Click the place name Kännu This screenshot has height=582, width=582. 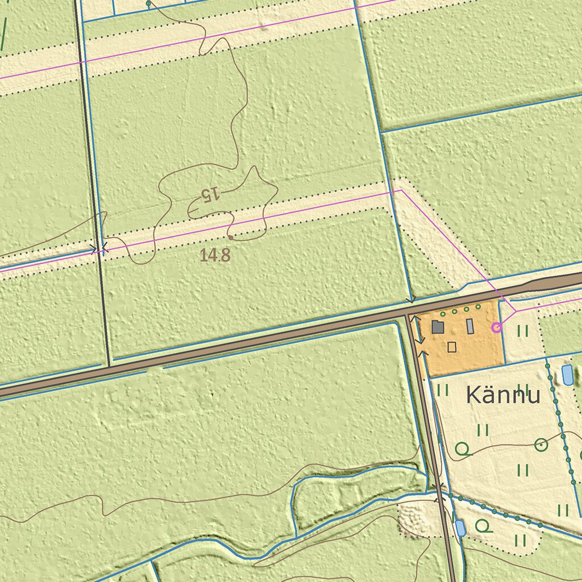(502, 395)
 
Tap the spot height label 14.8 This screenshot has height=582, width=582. (215, 255)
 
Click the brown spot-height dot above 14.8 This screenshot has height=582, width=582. (231, 235)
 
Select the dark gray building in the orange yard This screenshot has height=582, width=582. (438, 327)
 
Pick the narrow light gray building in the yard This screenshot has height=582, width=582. (470, 326)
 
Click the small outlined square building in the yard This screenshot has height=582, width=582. (452, 347)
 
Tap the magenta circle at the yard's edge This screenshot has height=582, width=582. (496, 327)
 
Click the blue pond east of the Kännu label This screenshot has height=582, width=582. (567, 376)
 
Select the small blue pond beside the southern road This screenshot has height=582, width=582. (460, 528)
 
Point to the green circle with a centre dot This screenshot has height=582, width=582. (541, 444)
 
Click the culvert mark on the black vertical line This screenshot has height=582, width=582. (102, 248)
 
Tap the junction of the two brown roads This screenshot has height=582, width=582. (409, 314)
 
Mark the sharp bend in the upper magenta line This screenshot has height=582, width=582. (401, 191)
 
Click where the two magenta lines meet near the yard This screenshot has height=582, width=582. (515, 311)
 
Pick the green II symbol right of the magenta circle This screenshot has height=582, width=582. (522, 330)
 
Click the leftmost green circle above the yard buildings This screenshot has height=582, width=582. (443, 314)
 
